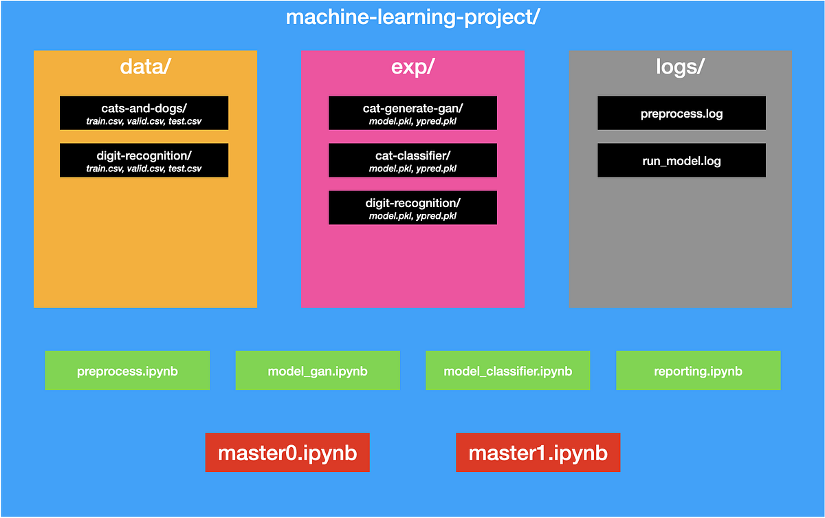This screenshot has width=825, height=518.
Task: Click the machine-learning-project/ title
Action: click(x=412, y=17)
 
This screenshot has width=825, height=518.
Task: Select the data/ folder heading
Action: click(x=145, y=67)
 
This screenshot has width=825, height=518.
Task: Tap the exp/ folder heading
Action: click(x=412, y=67)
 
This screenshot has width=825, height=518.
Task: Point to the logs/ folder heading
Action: click(x=680, y=67)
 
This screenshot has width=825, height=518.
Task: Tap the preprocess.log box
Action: click(x=681, y=114)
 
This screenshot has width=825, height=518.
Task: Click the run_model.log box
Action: click(x=681, y=161)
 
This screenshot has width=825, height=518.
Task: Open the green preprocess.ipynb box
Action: click(x=127, y=371)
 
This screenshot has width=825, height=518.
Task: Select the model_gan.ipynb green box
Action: click(x=318, y=371)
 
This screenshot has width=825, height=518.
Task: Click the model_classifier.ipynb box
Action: click(x=507, y=371)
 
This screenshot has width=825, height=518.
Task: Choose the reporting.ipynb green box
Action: click(x=698, y=371)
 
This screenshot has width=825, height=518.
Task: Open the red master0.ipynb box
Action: click(x=287, y=453)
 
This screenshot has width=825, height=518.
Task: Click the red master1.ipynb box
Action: click(x=538, y=453)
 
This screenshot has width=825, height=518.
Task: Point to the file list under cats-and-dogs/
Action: click(x=144, y=122)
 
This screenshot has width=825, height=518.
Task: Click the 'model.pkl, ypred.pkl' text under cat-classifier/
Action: click(x=412, y=169)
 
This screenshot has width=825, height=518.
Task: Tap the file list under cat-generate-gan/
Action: click(x=412, y=122)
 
